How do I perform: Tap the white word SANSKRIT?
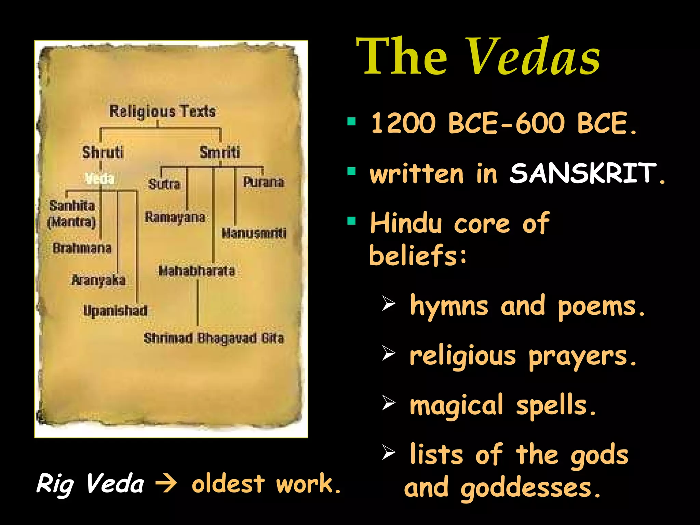583,173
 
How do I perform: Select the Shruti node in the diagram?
103,152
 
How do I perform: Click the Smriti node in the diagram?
220,152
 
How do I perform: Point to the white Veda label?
99,178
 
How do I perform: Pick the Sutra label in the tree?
164,184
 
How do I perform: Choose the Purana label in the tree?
263,182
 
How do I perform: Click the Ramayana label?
175,217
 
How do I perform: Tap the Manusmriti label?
254,233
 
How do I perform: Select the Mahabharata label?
197,271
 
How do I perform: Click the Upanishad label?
115,311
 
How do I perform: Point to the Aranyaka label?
98,280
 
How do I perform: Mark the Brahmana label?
82,248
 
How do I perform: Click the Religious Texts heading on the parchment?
162,111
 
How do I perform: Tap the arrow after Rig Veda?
166,484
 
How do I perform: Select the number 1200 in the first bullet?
403,123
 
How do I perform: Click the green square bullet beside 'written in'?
351,171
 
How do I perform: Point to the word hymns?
449,306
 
